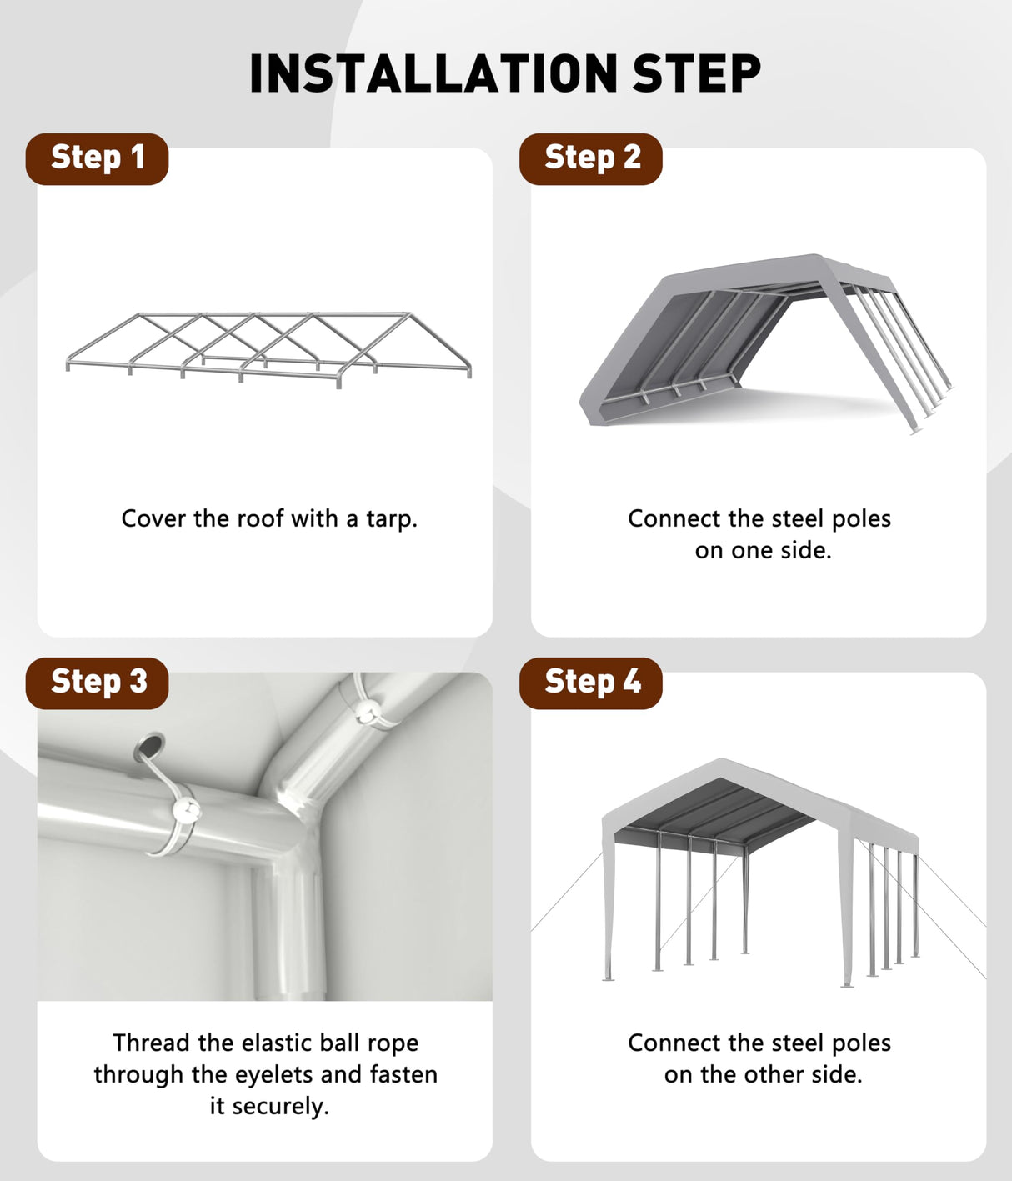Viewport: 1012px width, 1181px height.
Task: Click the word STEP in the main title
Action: tap(696, 73)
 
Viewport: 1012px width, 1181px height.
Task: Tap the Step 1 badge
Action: tap(98, 158)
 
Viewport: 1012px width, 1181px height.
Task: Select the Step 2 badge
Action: tap(591, 158)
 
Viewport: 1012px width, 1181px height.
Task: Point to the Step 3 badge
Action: tap(98, 682)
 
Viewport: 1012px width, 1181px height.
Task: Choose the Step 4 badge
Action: tap(591, 682)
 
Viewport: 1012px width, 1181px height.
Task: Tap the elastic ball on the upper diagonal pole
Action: tap(365, 711)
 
